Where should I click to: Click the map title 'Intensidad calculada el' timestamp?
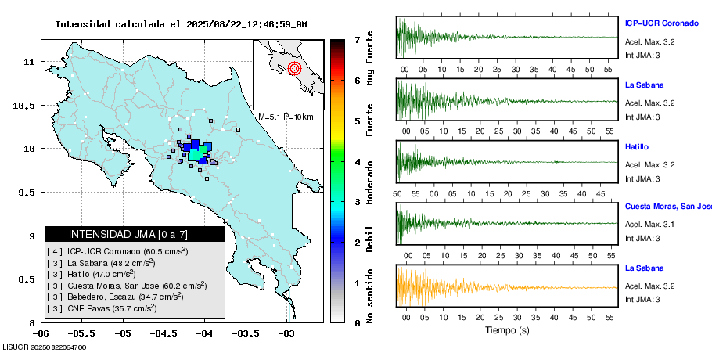[181, 24]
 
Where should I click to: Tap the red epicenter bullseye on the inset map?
[294, 68]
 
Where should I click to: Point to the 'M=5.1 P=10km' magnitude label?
[286, 117]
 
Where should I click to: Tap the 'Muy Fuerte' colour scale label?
[370, 69]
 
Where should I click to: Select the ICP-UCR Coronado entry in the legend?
[117, 251]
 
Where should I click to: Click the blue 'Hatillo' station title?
[636, 146]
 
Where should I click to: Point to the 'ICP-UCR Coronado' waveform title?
[661, 23]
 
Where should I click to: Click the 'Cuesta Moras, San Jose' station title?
[667, 207]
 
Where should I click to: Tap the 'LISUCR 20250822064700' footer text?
[45, 347]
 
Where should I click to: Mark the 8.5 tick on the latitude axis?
[31, 279]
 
